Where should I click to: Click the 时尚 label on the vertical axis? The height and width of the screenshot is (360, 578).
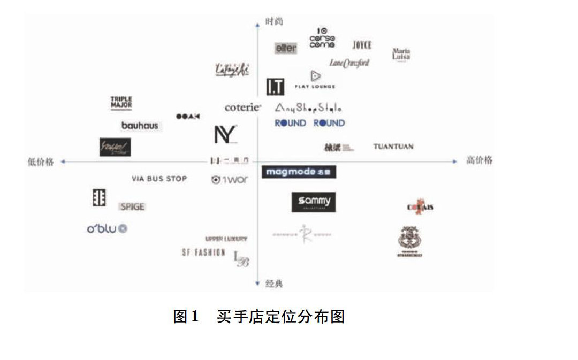274,22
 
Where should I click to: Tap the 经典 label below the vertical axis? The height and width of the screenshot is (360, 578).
274,284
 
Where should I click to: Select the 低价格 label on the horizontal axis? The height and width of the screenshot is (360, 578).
40,162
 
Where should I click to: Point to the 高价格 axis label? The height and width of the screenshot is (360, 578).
480,160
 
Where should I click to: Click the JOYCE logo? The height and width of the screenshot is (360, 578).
362,45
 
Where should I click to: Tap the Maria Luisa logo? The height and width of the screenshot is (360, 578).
401,55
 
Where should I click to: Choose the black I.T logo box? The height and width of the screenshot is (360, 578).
275,87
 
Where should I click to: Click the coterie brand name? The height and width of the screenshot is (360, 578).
243,108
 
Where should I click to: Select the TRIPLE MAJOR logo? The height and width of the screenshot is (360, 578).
121,103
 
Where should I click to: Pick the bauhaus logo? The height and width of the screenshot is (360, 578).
140,126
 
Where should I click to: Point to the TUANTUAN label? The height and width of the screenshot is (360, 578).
393,147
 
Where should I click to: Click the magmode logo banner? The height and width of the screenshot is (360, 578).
299,172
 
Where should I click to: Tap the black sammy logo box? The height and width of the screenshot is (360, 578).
314,202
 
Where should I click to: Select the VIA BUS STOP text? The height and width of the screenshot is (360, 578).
159,179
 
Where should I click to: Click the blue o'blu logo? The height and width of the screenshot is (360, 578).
107,229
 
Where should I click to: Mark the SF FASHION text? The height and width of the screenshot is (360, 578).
203,252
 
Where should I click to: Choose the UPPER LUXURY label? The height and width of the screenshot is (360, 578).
226,239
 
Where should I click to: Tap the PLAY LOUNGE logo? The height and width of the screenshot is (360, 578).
315,80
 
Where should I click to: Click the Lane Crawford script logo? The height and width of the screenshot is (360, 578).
349,63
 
